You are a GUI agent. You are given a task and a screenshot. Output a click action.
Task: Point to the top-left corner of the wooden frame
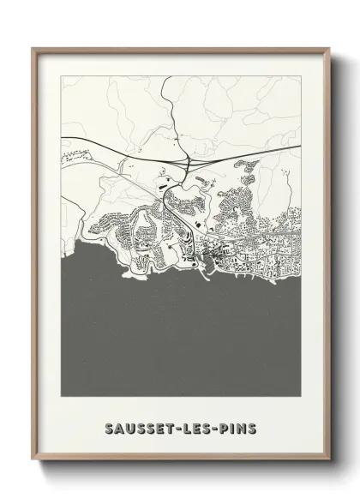point(33,48)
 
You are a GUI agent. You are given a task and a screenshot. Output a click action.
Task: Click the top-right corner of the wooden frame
point(328,48)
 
